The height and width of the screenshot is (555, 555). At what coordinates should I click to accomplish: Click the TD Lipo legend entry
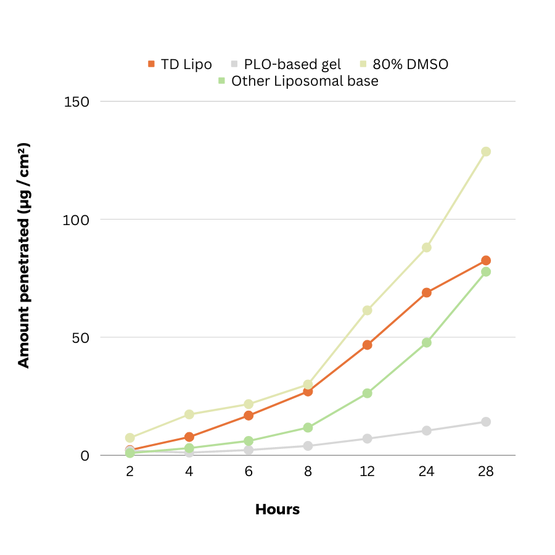[x=180, y=64]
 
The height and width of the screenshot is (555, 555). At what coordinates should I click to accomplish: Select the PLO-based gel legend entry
[x=286, y=64]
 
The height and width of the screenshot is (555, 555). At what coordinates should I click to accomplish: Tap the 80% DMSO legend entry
[x=405, y=64]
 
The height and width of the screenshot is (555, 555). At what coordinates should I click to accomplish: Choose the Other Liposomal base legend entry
[x=299, y=81]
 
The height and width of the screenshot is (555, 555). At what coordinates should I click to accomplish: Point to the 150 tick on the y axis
[x=77, y=101]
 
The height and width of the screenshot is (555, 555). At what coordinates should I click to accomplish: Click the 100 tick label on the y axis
[x=77, y=220]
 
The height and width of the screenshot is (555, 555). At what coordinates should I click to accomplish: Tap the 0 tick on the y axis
[x=86, y=456]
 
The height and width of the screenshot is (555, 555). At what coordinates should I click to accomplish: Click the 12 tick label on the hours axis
[x=367, y=472]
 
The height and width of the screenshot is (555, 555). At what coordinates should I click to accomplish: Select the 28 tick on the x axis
[x=486, y=472]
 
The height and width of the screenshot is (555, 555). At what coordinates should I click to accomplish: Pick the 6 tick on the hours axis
[x=249, y=472]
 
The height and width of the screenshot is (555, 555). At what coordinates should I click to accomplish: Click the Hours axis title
[x=277, y=510]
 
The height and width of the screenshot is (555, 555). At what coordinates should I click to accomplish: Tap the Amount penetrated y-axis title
[x=23, y=256]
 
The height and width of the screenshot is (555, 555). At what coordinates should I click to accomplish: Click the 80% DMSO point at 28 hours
[x=486, y=152]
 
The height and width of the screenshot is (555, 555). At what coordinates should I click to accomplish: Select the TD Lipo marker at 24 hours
[x=427, y=292]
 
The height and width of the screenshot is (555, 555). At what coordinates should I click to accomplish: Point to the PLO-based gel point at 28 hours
[x=486, y=422]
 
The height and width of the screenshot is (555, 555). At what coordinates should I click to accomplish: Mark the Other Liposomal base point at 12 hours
[x=368, y=393]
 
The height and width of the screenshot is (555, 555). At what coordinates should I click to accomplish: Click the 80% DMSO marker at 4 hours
[x=189, y=414]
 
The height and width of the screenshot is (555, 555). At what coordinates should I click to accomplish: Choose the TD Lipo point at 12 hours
[x=368, y=345]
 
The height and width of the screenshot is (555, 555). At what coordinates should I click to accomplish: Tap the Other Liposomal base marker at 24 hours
[x=427, y=342]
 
